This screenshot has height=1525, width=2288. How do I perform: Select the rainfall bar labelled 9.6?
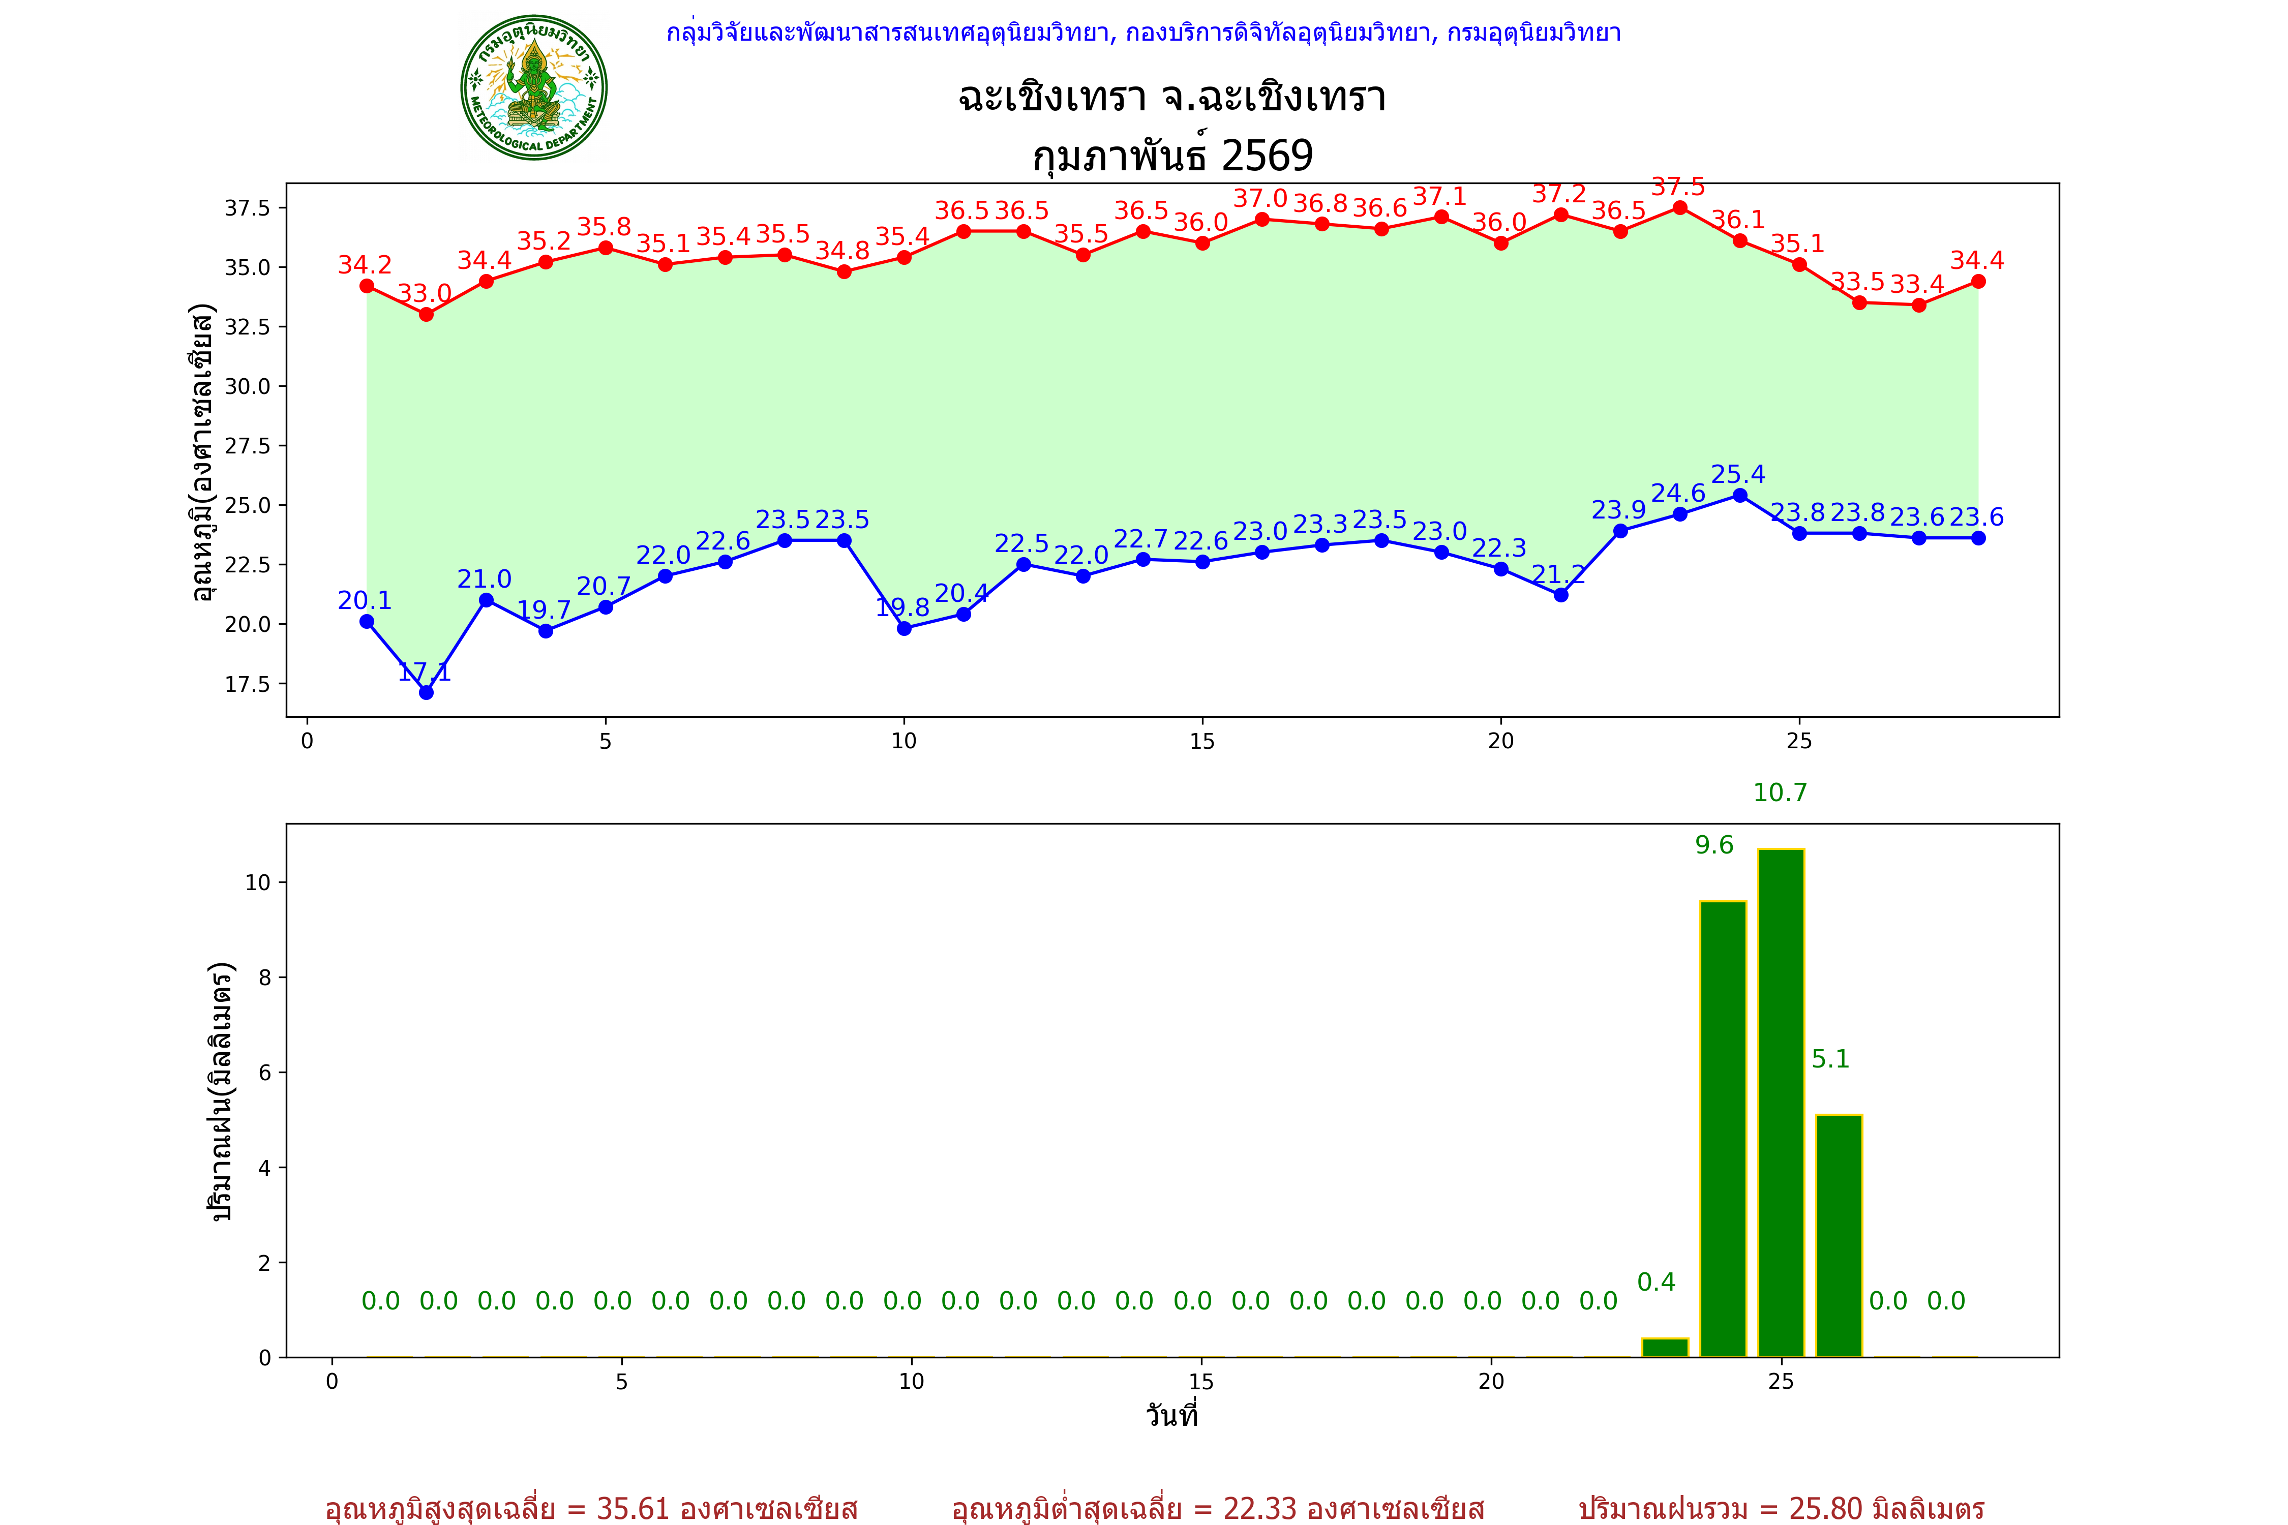pyautogui.click(x=1723, y=1128)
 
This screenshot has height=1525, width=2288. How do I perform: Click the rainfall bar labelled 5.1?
pyautogui.click(x=1839, y=1235)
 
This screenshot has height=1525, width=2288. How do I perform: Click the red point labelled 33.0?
pyautogui.click(x=426, y=314)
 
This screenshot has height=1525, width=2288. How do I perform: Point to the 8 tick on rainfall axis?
pyautogui.click(x=264, y=978)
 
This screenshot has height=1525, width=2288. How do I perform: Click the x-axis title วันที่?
pyautogui.click(x=1171, y=1415)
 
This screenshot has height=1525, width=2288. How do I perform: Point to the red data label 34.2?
pyautogui.click(x=365, y=264)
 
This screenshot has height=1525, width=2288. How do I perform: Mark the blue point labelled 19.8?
pyautogui.click(x=904, y=628)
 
